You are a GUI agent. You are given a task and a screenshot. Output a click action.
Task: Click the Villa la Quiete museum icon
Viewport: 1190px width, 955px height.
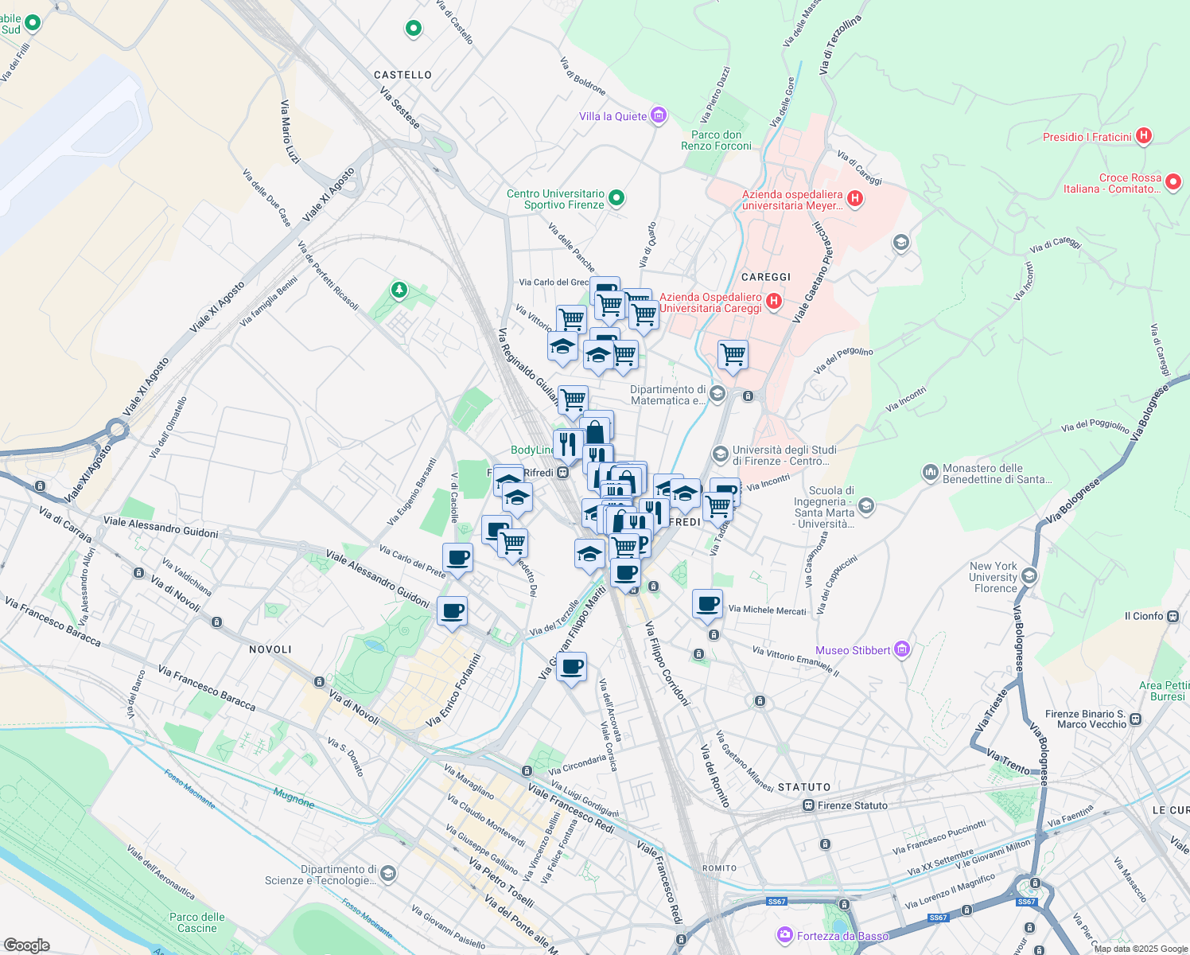[658, 116]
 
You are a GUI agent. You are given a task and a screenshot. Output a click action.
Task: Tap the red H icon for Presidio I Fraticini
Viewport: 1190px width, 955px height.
[1144, 136]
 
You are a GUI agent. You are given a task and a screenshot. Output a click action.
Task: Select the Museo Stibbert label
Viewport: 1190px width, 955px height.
[853, 650]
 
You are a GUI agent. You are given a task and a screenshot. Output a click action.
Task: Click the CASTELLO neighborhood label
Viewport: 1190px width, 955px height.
[402, 75]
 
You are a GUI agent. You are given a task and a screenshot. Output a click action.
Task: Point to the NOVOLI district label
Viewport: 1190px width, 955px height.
[270, 649]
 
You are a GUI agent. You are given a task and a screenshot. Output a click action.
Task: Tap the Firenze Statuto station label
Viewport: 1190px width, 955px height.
[852, 805]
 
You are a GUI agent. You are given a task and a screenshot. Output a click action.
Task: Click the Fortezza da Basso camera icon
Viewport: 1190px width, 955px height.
[785, 934]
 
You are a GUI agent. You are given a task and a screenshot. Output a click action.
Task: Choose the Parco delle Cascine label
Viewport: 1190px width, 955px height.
[197, 922]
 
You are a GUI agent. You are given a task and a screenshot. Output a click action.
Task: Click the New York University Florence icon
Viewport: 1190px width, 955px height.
[1029, 575]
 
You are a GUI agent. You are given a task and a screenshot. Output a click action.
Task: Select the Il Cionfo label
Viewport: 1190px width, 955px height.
[1144, 616]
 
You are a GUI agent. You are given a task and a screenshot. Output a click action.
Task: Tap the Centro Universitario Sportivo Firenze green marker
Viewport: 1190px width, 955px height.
[616, 198]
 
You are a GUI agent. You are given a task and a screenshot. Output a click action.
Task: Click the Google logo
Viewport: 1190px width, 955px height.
[26, 945]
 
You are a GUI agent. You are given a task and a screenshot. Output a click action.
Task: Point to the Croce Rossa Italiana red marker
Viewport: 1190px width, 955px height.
[1173, 183]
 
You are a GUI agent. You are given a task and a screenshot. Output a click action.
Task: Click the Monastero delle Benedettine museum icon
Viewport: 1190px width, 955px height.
[930, 473]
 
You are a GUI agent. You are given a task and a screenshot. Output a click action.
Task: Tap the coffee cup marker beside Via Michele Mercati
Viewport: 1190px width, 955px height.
[707, 604]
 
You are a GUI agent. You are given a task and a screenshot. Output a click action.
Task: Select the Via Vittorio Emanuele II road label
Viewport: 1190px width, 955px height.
[795, 661]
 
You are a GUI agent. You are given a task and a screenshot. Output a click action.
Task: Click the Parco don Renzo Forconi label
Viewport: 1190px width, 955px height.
[716, 140]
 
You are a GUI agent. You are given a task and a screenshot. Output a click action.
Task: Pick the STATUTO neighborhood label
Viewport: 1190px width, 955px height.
[804, 787]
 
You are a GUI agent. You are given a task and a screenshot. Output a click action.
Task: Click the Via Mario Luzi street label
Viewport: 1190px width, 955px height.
[290, 132]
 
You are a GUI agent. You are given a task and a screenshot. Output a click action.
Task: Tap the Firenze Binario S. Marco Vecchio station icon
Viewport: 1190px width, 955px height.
[1135, 719]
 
